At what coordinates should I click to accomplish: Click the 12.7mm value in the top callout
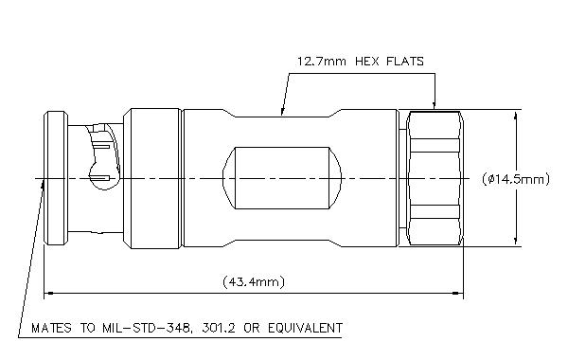click(x=321, y=62)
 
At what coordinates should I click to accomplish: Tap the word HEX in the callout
click(x=367, y=62)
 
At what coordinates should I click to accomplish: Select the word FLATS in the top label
click(x=405, y=62)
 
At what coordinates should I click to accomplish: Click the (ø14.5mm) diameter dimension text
click(x=516, y=179)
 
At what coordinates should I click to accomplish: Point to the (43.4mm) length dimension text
click(x=254, y=281)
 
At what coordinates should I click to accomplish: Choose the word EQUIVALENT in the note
click(x=305, y=328)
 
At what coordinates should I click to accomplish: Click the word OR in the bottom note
click(x=252, y=328)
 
